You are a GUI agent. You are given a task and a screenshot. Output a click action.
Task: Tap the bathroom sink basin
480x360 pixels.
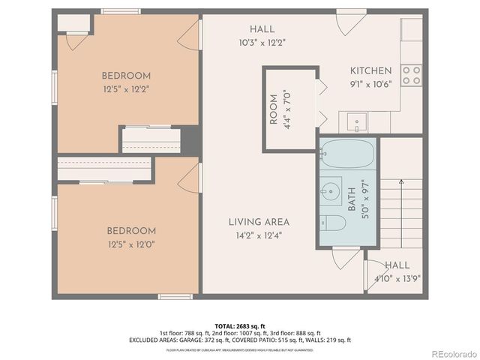coord(331,190)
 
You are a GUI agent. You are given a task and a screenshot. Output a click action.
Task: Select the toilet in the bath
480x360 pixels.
coord(335,223)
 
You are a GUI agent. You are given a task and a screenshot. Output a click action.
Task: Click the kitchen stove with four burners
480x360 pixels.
coord(411,75)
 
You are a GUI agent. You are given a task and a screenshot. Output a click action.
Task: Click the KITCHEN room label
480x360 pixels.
coord(370,70)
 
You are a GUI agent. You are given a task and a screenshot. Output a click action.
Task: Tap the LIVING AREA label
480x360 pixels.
coord(259,222)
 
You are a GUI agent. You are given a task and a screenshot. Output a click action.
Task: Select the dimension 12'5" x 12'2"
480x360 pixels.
coord(126,88)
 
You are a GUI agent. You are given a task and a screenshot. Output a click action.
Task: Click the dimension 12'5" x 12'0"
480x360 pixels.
coord(131,243)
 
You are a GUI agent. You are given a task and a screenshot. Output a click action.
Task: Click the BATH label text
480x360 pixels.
coord(352,199)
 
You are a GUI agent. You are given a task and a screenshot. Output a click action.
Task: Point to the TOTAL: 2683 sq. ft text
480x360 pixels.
coord(240,325)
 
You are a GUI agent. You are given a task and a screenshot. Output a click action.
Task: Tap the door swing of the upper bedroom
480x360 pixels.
coord(192,36)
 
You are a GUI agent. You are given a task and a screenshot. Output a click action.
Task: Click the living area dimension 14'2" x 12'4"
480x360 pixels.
coord(259,235)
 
